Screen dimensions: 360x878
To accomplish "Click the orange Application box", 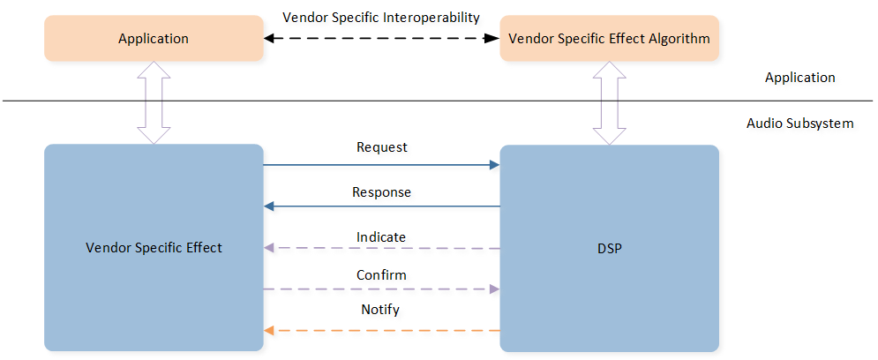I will coord(154,39).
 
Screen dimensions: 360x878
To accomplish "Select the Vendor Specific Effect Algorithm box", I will coord(609,39).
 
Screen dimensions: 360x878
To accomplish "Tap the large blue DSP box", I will coord(609,247).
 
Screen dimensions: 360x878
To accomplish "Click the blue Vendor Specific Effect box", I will coord(154,247).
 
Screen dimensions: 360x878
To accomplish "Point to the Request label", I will coord(381,147).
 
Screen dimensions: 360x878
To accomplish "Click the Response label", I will coord(381,191).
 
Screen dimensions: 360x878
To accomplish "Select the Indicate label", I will coord(381,236).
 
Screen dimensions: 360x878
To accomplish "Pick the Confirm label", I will coord(381,275).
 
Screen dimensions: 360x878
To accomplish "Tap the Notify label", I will coord(381,310).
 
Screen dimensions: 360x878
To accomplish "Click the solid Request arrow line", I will coord(381,164).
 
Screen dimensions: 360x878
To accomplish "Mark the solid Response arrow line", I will coord(381,206).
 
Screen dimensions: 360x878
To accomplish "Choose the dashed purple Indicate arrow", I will coord(381,248).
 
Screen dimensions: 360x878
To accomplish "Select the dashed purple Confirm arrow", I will coord(381,289).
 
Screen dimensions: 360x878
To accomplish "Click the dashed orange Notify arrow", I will coord(381,330).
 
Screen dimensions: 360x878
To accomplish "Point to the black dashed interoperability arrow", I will coord(381,39).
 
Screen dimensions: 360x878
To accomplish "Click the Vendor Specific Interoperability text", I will coord(381,17).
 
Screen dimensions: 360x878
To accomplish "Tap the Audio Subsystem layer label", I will coord(799,123).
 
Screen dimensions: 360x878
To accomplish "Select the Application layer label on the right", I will coord(799,78).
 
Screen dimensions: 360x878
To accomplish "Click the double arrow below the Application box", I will coord(154,102).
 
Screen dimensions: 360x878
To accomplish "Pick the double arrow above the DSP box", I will coord(609,102).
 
